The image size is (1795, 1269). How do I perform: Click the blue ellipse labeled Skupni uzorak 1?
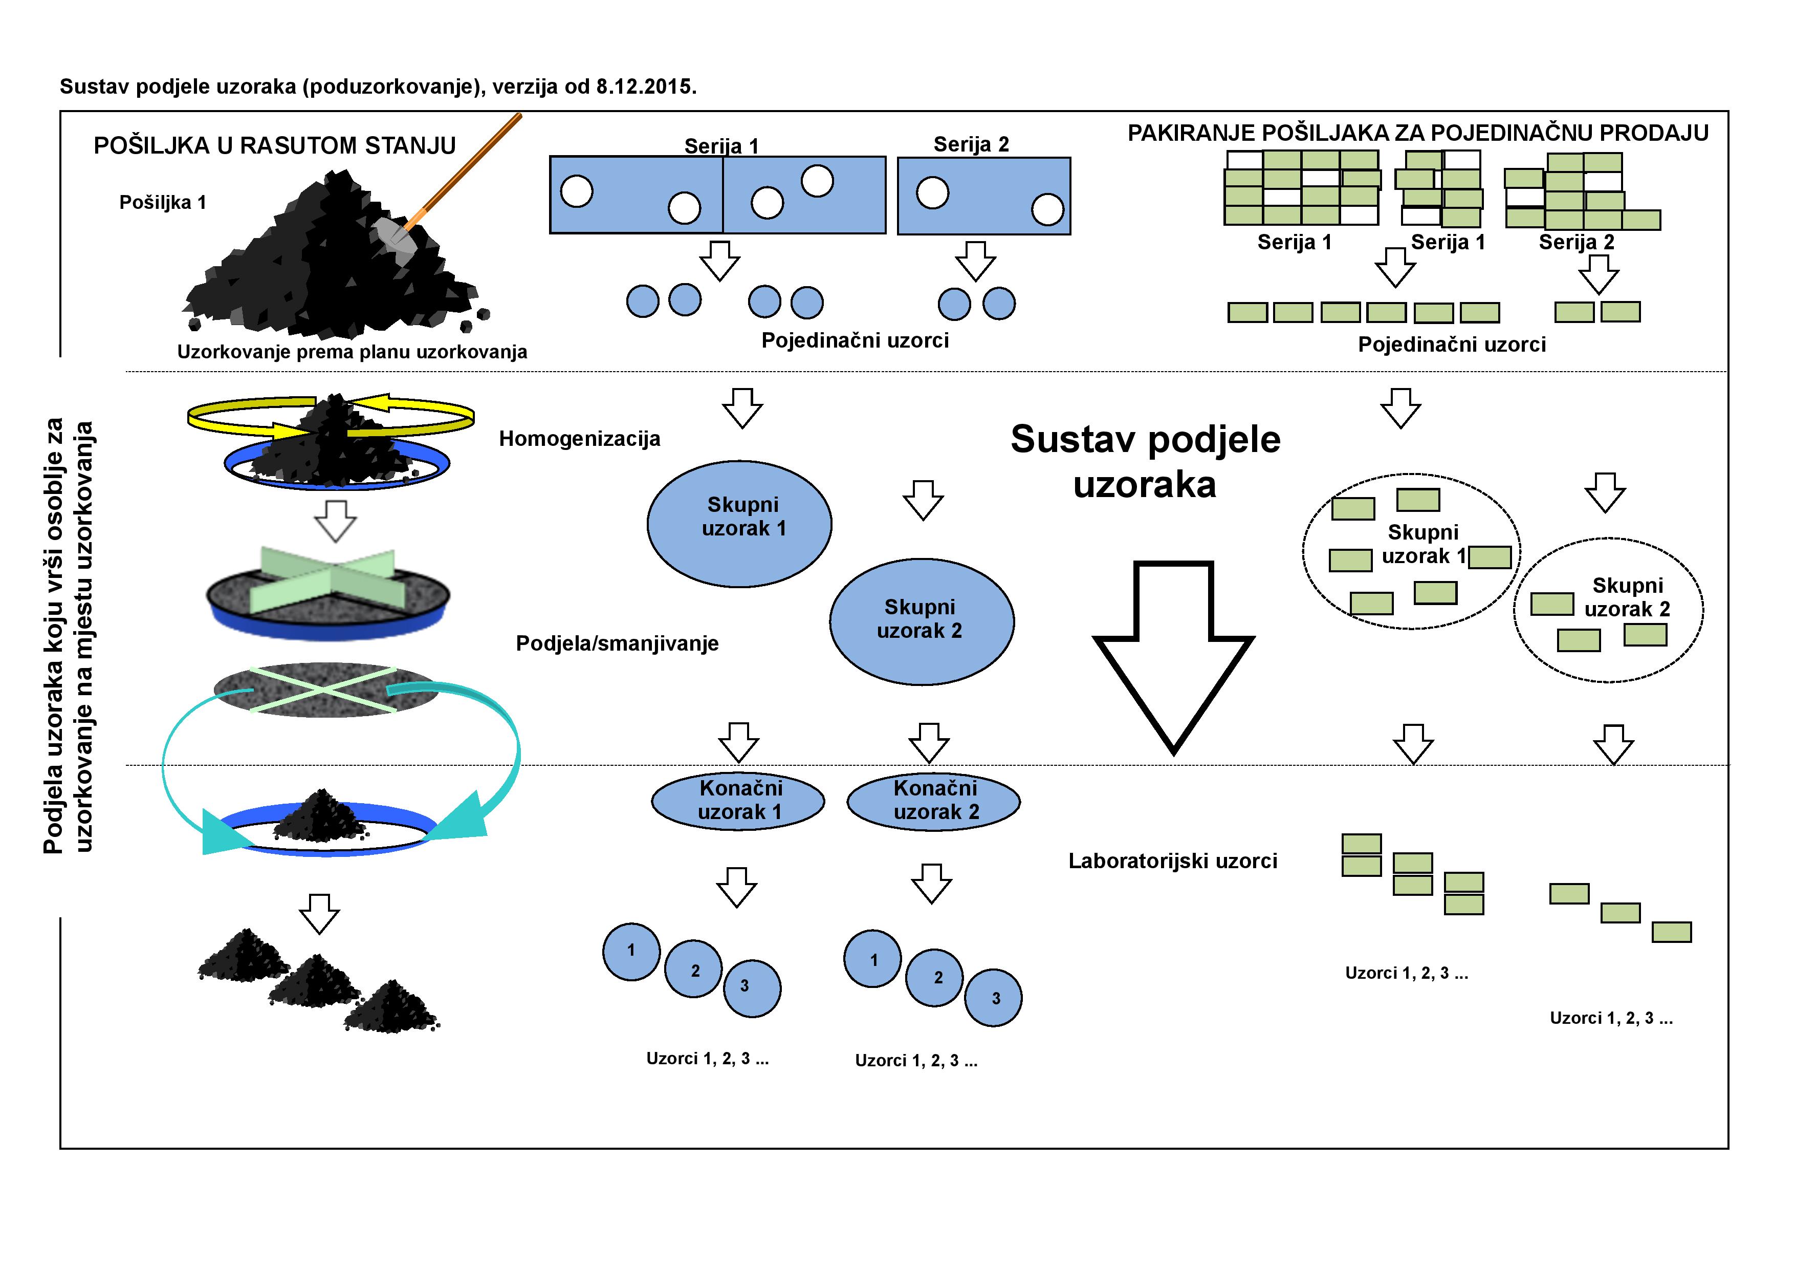coord(739,523)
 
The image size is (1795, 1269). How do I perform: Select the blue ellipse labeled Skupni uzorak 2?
coord(922,621)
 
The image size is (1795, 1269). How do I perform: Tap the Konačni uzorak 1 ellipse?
coord(738,801)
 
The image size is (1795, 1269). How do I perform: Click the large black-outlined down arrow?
coord(1173,657)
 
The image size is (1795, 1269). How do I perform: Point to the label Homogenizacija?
coord(579,439)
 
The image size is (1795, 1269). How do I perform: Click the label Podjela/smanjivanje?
coord(617,643)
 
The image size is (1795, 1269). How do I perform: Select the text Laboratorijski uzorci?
coord(1173,861)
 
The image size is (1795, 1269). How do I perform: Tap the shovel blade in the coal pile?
coord(388,232)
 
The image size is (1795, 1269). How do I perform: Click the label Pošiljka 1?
coord(163,203)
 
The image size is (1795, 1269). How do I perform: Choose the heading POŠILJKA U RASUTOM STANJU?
coord(274,145)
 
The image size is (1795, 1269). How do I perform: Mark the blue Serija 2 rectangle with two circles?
coord(983,196)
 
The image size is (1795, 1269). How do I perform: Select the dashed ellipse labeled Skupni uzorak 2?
coord(1608,610)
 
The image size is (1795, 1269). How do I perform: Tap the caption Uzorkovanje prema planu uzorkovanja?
coord(352,352)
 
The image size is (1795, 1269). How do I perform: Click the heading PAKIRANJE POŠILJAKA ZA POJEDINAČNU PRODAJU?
coord(1417,133)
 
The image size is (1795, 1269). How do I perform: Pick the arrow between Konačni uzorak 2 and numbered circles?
coord(931,884)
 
